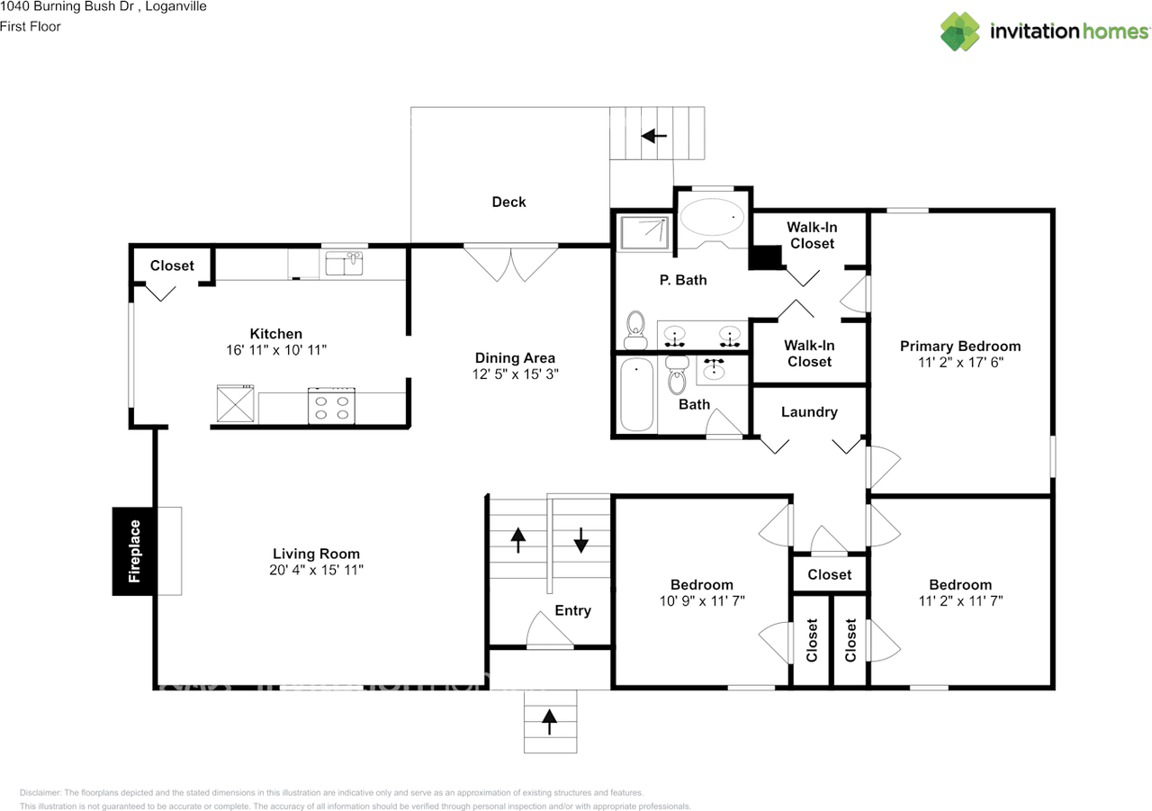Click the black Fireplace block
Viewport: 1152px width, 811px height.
pos(132,551)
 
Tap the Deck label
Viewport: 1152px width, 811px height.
pos(508,203)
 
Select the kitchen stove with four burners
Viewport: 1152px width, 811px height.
pos(331,406)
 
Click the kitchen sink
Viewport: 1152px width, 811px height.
pos(344,264)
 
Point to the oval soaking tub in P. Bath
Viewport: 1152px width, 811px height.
pos(712,217)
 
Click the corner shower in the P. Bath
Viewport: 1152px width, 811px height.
pos(644,233)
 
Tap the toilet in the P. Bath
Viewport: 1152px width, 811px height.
pos(635,329)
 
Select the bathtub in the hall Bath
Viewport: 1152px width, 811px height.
pos(636,394)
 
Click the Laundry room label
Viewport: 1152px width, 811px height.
pos(809,412)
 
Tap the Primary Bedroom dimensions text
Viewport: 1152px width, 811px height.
pos(960,363)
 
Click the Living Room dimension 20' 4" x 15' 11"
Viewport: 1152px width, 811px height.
pos(316,570)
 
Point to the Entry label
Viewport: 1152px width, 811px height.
pos(573,610)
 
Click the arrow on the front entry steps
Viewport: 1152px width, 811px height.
pos(549,722)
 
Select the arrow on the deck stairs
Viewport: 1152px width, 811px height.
pos(654,136)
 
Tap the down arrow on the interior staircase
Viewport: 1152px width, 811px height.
pos(581,540)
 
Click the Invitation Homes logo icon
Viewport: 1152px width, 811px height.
pos(960,32)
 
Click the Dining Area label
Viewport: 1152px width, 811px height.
pos(515,358)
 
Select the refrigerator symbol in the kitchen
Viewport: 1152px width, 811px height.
pos(235,404)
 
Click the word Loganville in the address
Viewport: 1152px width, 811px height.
pos(175,6)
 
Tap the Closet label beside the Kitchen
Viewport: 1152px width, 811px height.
pos(172,266)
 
